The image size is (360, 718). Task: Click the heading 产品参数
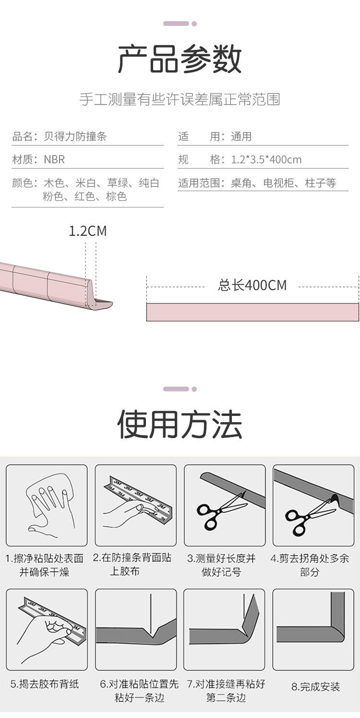pos(180,60)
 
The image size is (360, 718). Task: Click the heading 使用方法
pos(180,425)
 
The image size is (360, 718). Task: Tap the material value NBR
pos(54,159)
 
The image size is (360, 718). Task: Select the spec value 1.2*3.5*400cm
pos(266,159)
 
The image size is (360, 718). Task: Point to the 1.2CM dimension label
pos(88,231)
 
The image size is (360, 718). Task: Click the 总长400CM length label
pos(252,285)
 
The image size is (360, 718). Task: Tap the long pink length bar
pos(252,312)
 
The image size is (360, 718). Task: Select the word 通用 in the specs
pos(241,136)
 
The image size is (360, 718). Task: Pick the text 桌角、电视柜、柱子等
pos(284,183)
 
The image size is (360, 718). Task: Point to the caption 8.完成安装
pos(315,687)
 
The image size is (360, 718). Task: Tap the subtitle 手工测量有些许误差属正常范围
pos(180,99)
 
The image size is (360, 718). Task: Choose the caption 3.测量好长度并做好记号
pos(221,565)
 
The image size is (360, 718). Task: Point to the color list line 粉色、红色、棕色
pos(84,196)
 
